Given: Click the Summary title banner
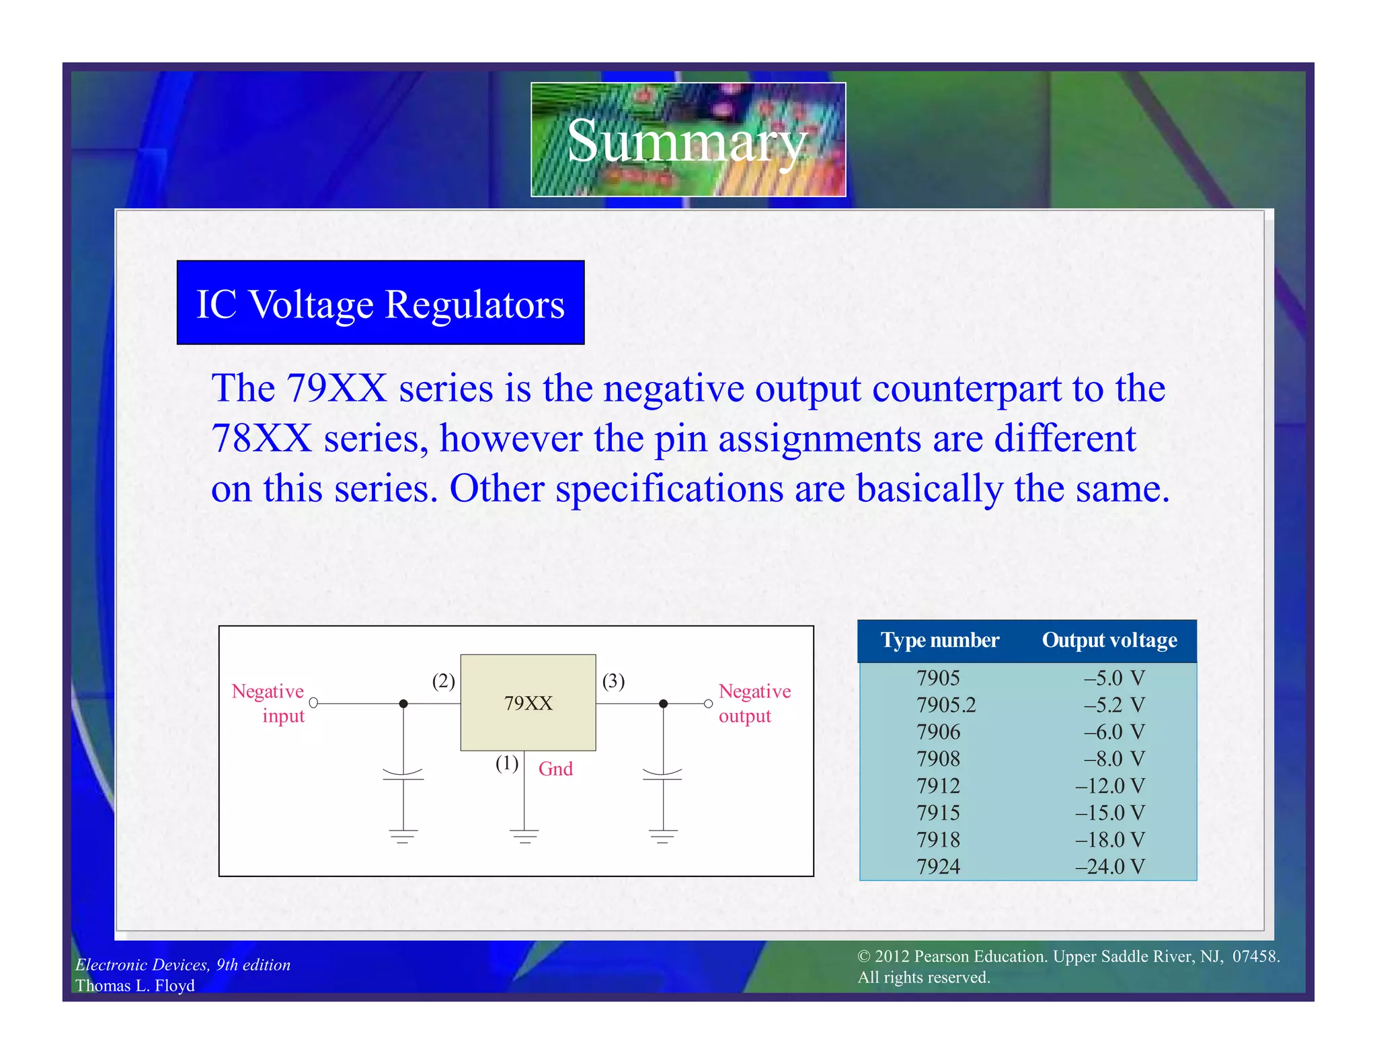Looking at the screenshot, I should [688, 140].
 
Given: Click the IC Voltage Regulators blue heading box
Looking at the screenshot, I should [381, 303].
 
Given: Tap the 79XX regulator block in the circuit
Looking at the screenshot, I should [528, 703].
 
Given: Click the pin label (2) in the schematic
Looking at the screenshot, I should [443, 681].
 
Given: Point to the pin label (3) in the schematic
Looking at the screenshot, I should [613, 681].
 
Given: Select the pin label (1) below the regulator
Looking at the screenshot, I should [507, 763].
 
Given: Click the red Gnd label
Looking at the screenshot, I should [555, 769].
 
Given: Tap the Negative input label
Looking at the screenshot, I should [269, 703].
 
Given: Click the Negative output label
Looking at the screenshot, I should [754, 703].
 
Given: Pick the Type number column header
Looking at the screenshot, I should [939, 640].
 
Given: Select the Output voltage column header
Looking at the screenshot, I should [1109, 640].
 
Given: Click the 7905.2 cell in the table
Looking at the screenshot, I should [945, 705].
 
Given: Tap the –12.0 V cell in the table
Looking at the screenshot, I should [1109, 786].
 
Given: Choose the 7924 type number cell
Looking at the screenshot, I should [938, 866].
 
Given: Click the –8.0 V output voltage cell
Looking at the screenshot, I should [1113, 759].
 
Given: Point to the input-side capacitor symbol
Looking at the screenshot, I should [403, 775].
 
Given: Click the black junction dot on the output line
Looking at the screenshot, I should [663, 704].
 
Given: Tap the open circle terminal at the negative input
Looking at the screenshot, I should [313, 703].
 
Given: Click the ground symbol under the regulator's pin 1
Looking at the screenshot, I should [524, 837].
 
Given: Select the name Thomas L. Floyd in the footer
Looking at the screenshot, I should [135, 985].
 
